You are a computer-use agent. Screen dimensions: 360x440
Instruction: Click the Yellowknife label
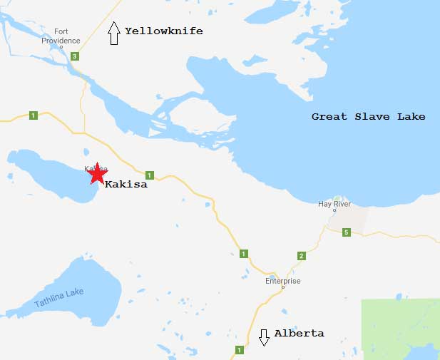[x=163, y=31]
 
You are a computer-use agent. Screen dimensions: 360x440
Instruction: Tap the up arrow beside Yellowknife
[x=113, y=33]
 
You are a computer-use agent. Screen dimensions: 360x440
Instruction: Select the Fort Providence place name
[x=65, y=36]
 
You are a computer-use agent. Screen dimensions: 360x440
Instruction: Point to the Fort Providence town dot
[x=61, y=48]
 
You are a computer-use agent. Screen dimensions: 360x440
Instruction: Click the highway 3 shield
[x=74, y=56]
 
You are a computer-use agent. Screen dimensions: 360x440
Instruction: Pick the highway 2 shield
[x=301, y=256]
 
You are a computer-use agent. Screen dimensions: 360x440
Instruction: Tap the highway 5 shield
[x=346, y=232]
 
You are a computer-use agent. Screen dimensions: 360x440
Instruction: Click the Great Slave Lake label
[x=368, y=116]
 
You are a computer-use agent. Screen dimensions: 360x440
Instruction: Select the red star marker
[x=96, y=173]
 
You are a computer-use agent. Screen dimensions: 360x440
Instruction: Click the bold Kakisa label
[x=126, y=184]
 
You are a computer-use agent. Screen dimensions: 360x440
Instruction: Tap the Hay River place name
[x=334, y=205]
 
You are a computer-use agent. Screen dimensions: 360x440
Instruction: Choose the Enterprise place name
[x=282, y=281]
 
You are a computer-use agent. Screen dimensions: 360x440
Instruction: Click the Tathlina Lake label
[x=59, y=299]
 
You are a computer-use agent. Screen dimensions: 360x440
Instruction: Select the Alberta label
[x=299, y=333]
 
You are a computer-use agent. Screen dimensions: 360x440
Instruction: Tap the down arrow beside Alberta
[x=264, y=337]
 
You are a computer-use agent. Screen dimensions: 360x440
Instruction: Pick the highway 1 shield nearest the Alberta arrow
[x=240, y=349]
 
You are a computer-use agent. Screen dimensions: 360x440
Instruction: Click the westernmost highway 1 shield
[x=33, y=115]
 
